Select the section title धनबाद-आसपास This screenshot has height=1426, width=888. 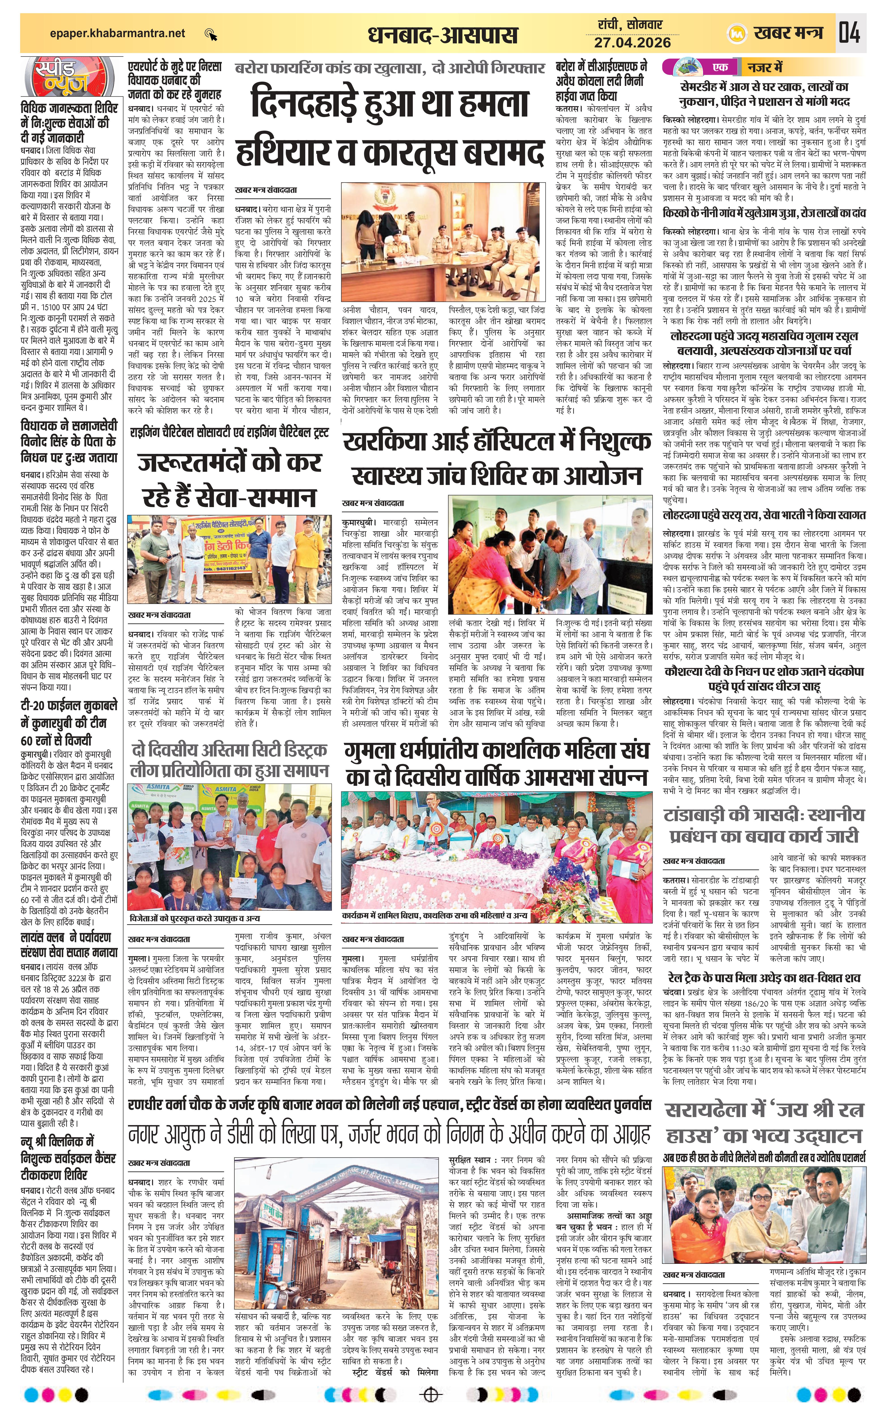coord(443,35)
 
